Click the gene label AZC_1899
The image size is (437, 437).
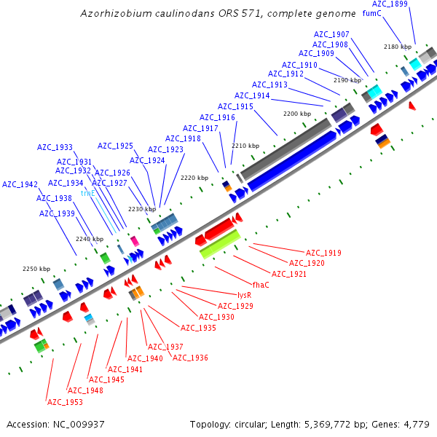click(x=390, y=4)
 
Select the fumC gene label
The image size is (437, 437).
click(x=371, y=14)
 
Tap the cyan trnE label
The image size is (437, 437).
click(x=88, y=194)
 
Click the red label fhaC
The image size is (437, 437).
click(x=260, y=284)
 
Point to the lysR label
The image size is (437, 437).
click(x=245, y=295)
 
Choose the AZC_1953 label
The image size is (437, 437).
click(x=65, y=402)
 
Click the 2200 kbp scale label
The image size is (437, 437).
click(x=296, y=114)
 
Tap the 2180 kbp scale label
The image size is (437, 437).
click(x=397, y=47)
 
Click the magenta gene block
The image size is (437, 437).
click(x=134, y=240)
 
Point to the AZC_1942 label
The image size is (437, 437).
click(x=20, y=184)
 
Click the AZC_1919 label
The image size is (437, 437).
click(x=323, y=253)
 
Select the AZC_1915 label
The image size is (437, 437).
click(x=235, y=106)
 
